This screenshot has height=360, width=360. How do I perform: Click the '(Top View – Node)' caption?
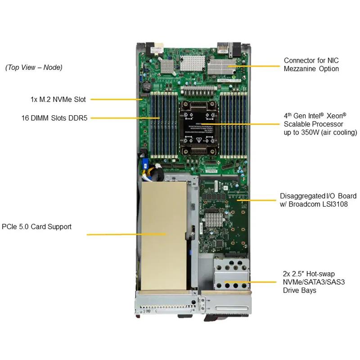click(x=34, y=67)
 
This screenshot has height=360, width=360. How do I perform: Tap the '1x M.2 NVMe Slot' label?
click(x=58, y=99)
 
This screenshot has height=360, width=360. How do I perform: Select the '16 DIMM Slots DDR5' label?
click(x=54, y=118)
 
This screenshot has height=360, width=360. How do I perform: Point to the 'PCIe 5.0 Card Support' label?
click(x=36, y=227)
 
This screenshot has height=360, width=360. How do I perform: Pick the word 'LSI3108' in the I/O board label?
click(x=335, y=204)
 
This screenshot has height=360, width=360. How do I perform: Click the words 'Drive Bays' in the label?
click(x=299, y=290)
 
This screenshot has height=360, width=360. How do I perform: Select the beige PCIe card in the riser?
click(x=164, y=236)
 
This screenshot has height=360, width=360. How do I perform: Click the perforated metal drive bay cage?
click(x=231, y=274)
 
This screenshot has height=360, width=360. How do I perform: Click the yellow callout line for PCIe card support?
click(x=126, y=234)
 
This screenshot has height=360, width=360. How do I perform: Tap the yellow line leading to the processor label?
click(x=240, y=124)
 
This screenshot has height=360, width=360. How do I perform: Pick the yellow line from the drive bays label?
click(x=251, y=282)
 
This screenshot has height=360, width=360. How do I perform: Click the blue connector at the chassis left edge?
click(x=145, y=163)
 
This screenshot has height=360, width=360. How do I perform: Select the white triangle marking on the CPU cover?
click(x=199, y=140)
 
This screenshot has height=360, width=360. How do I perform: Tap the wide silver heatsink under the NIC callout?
click(x=222, y=67)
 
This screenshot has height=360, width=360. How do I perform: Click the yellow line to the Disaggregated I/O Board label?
click(x=256, y=200)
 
